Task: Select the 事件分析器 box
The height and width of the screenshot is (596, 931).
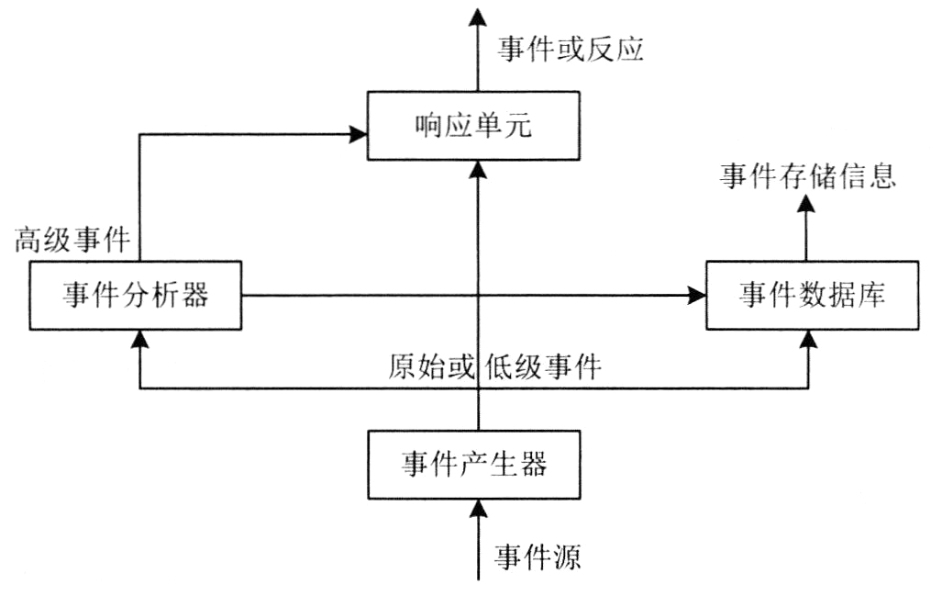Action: pyautogui.click(x=136, y=295)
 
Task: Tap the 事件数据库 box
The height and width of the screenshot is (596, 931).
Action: pyautogui.click(x=811, y=295)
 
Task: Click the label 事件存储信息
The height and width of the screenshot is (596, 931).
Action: pyautogui.click(x=806, y=176)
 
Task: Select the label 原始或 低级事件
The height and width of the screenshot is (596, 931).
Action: pyautogui.click(x=493, y=368)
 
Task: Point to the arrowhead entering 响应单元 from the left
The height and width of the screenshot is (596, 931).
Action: pyautogui.click(x=359, y=136)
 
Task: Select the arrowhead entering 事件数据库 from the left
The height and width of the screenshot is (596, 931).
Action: pyautogui.click(x=698, y=296)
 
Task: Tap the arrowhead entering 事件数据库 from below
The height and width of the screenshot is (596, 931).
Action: pyautogui.click(x=808, y=338)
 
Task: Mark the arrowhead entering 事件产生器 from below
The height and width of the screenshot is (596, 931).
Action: pyautogui.click(x=476, y=506)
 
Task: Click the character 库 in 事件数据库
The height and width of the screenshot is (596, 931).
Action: pyautogui.click(x=872, y=295)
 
